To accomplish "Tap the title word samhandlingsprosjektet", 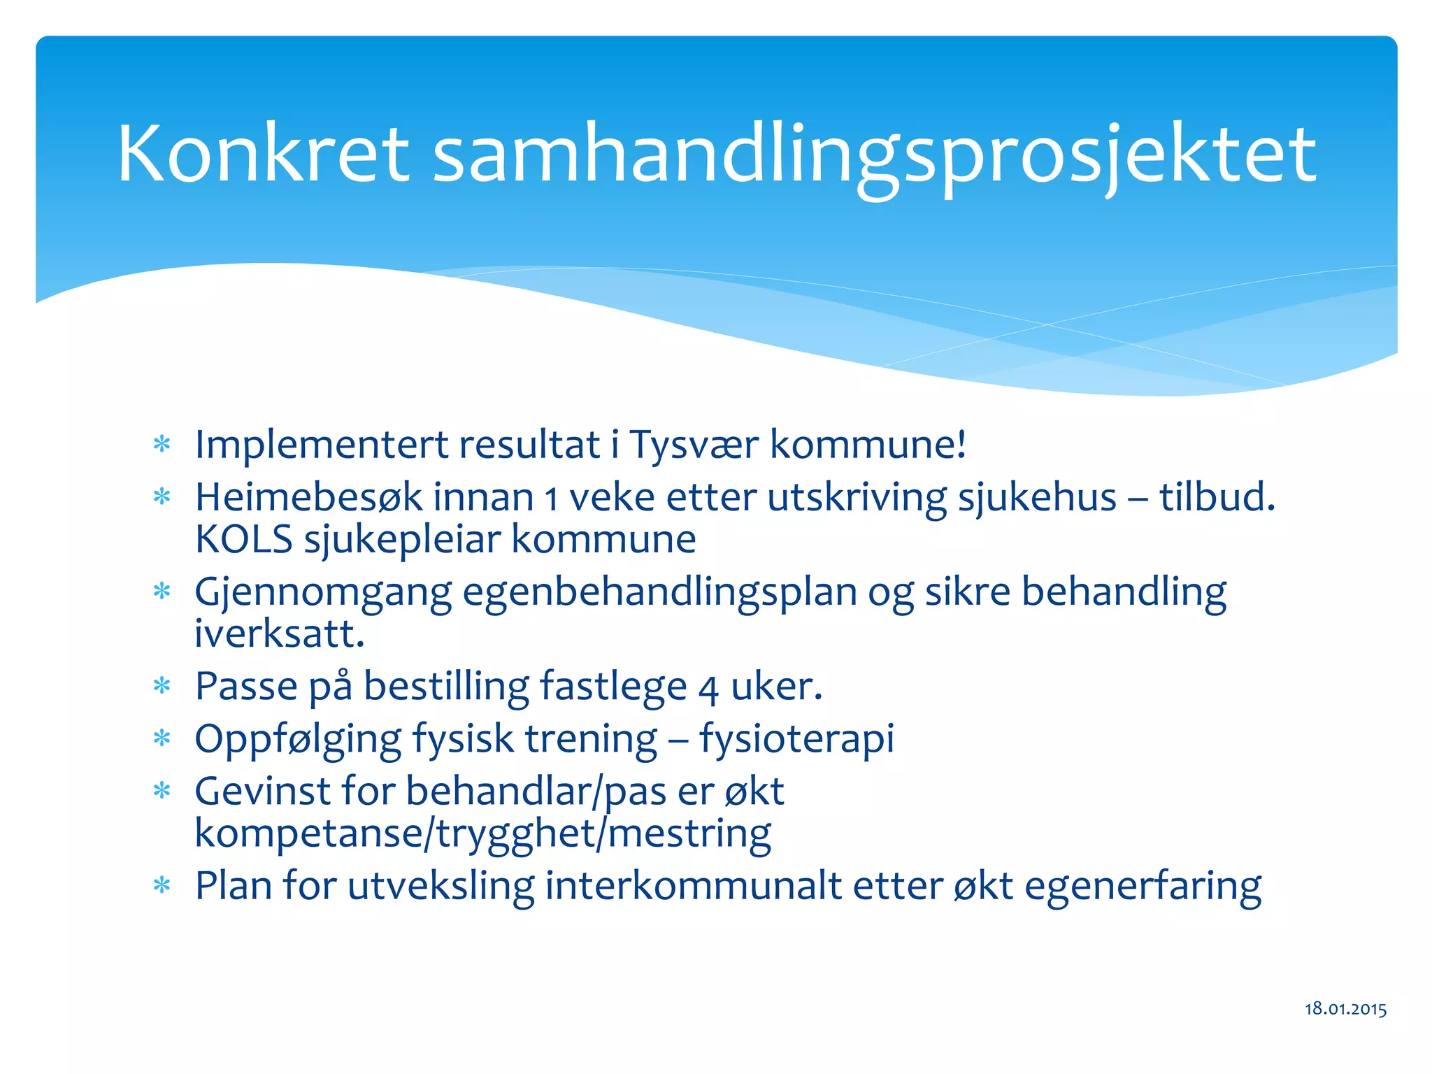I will pyautogui.click(x=874, y=155).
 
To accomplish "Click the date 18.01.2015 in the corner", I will pyautogui.click(x=1345, y=1008).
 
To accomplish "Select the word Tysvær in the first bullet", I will pyautogui.click(x=694, y=445).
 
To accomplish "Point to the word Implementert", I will pyautogui.click(x=321, y=445).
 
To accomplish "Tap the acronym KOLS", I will pyautogui.click(x=243, y=539).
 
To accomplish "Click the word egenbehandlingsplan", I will pyautogui.click(x=659, y=593).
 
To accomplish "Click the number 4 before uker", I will pyautogui.click(x=708, y=689).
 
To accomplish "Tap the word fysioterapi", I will pyautogui.click(x=796, y=740).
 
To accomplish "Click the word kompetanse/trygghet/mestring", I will pyautogui.click(x=482, y=833).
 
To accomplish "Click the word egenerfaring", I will pyautogui.click(x=1143, y=887).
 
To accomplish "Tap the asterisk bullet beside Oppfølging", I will pyautogui.click(x=162, y=738).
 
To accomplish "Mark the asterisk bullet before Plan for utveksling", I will pyautogui.click(x=162, y=886).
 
